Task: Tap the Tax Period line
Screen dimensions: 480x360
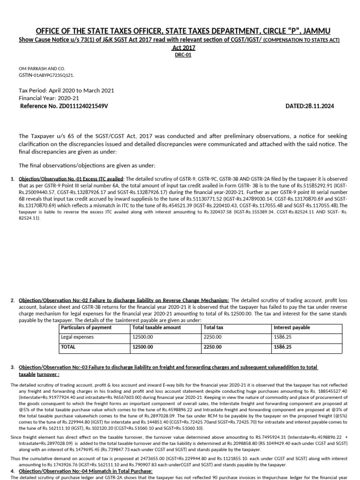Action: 66,90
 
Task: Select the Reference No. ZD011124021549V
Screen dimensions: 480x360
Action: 64,106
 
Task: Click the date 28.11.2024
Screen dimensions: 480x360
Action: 310,106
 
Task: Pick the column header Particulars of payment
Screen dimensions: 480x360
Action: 86,327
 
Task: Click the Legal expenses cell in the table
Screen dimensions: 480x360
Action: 77,337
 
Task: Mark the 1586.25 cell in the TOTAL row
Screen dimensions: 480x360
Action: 283,347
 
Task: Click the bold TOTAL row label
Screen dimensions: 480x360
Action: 68,347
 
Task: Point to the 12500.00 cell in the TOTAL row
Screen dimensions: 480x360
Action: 144,347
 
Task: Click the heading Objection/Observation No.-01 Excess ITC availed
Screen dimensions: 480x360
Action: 71,179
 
